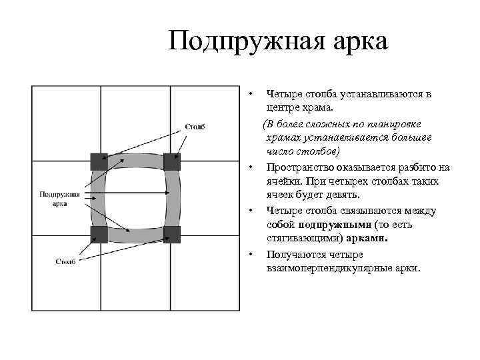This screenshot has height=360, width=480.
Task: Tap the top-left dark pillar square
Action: pyautogui.click(x=99, y=161)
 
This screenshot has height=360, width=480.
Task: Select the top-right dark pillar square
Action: pyautogui.click(x=172, y=161)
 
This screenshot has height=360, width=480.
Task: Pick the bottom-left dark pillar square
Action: pyautogui.click(x=99, y=233)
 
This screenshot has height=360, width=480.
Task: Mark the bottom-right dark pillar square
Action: pyautogui.click(x=172, y=233)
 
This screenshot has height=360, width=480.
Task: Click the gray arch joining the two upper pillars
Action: pyautogui.click(x=135, y=161)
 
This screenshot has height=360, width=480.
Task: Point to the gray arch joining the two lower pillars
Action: pyautogui.click(x=135, y=235)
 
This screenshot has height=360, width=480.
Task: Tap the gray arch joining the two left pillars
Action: pyautogui.click(x=98, y=197)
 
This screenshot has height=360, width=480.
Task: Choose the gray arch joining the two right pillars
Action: pyautogui.click(x=173, y=197)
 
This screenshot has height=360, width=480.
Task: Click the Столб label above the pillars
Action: pyautogui.click(x=193, y=127)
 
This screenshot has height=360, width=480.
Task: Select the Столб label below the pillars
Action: pyautogui.click(x=65, y=261)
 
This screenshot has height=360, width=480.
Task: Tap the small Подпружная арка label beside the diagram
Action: pyautogui.click(x=59, y=198)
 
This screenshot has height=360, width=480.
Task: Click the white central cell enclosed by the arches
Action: pyautogui.click(x=135, y=197)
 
